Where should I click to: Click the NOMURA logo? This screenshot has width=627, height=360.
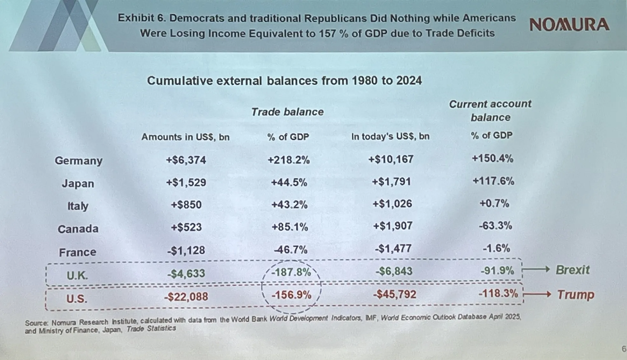[x=569, y=25]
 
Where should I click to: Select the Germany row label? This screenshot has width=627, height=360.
[x=79, y=160]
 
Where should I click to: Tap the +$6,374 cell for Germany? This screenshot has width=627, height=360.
[x=186, y=159]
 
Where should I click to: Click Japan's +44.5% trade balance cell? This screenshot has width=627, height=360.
[x=289, y=182]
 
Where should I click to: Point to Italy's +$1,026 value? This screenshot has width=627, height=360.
[x=392, y=204]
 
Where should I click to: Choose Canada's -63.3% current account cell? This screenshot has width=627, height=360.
[x=496, y=226]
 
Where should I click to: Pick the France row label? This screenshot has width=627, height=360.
[x=78, y=252]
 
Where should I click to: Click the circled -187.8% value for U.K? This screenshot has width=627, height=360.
[x=291, y=272]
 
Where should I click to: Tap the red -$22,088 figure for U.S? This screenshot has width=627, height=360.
[x=186, y=297]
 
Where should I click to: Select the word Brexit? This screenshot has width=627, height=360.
[x=573, y=270]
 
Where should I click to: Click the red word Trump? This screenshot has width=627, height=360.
[x=575, y=294]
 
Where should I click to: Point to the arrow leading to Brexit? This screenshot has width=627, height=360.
[x=536, y=269]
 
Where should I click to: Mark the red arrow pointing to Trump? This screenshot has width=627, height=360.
[x=538, y=294]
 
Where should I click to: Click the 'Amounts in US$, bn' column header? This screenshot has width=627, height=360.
[x=185, y=137]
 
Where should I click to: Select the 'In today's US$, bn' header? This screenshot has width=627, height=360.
[x=390, y=137]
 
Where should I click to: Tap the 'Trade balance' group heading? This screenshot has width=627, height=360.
[x=287, y=112]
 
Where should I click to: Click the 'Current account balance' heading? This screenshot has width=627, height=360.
[x=490, y=110]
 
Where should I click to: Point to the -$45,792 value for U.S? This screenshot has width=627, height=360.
[x=394, y=294]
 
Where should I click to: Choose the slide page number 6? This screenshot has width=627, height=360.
[x=624, y=349]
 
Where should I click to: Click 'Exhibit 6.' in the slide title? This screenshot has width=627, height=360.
[x=142, y=18]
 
